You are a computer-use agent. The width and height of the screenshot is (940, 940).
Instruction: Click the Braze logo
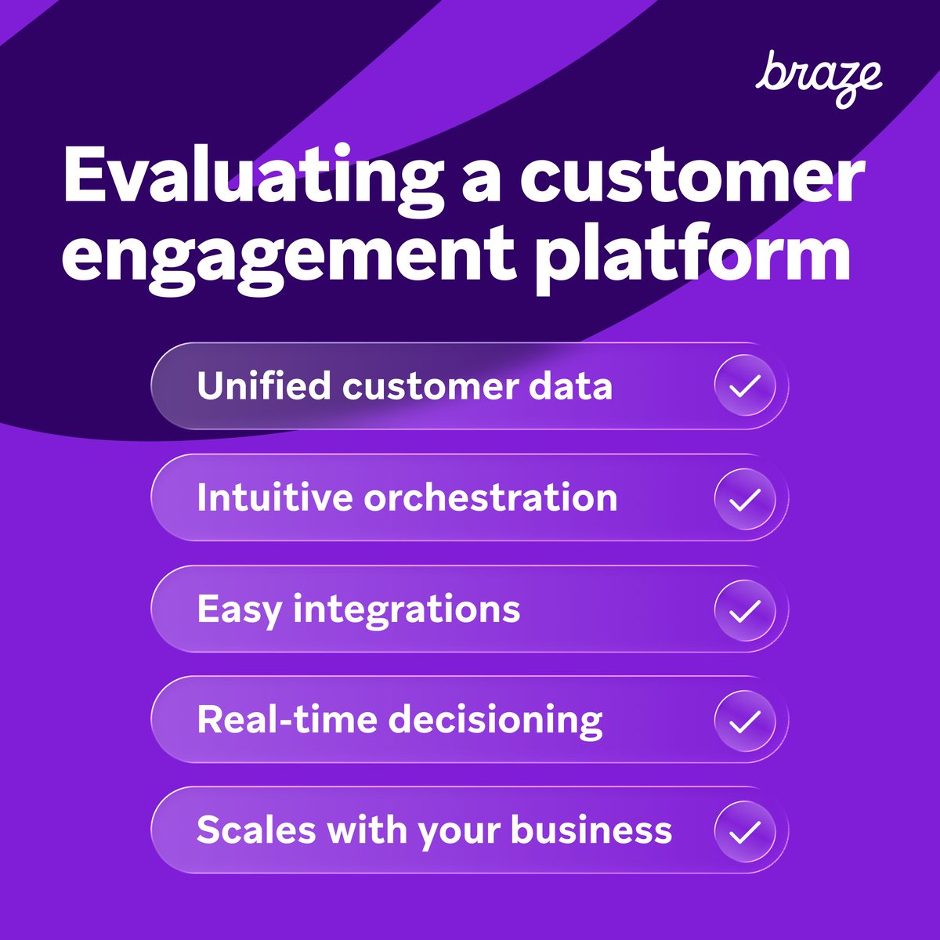819,78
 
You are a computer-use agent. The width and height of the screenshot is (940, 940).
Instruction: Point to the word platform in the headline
693,255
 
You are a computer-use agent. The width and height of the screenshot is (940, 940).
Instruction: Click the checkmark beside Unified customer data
745,386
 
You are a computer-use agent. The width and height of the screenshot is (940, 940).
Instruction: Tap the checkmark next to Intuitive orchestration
745,498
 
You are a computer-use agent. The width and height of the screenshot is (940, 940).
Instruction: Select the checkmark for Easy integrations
745,609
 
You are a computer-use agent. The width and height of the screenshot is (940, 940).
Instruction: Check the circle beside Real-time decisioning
745,721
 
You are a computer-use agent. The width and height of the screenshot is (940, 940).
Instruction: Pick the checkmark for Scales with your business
745,831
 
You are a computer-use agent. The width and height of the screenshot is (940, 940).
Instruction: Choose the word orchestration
490,498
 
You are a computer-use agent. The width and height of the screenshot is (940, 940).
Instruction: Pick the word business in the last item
591,831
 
